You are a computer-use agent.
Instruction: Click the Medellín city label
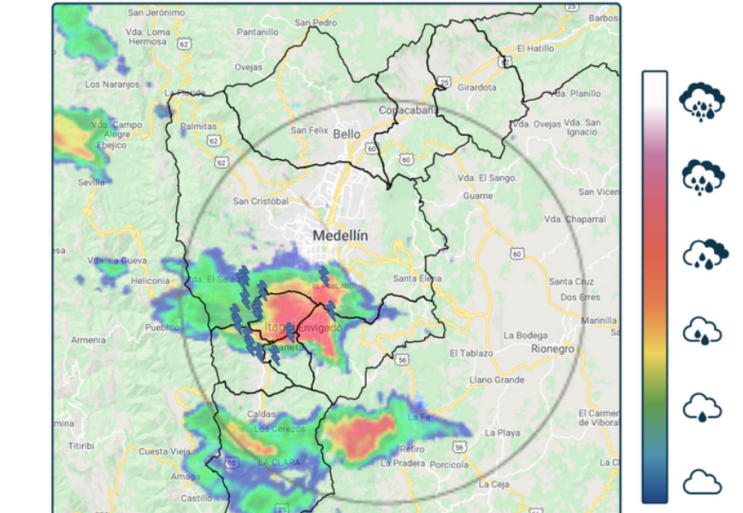[x=339, y=235]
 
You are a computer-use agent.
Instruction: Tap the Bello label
[x=347, y=134]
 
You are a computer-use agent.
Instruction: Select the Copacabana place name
[x=409, y=110]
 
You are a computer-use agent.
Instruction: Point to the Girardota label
[x=477, y=87]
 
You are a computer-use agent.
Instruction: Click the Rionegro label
[x=552, y=349]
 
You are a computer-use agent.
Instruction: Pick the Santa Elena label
[x=416, y=279]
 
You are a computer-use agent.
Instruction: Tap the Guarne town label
[x=478, y=196]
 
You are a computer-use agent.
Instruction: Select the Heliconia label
[x=150, y=281]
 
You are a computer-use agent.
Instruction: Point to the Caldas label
[x=261, y=414]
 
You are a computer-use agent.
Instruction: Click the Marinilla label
[x=599, y=321]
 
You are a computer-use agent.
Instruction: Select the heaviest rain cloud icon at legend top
[x=701, y=102]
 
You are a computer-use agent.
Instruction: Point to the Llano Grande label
[x=496, y=379]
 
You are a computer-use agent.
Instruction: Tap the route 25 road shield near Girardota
[x=444, y=82]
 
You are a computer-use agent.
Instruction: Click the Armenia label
[x=88, y=339]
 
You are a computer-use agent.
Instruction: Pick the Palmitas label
[x=199, y=126]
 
